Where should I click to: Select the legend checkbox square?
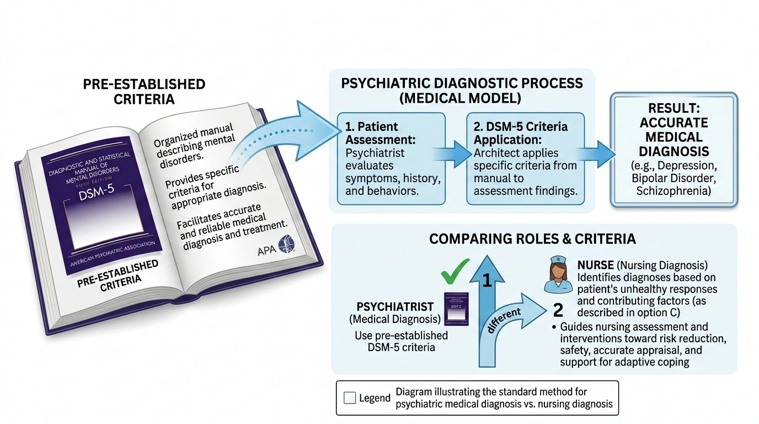(349, 398)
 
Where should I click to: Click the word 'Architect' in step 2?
(492, 153)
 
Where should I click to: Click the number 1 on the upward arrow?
(486, 282)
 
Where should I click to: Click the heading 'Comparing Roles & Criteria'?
(532, 239)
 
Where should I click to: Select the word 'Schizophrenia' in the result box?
(672, 191)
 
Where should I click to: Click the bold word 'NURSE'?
(596, 266)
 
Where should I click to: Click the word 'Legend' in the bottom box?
(375, 398)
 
